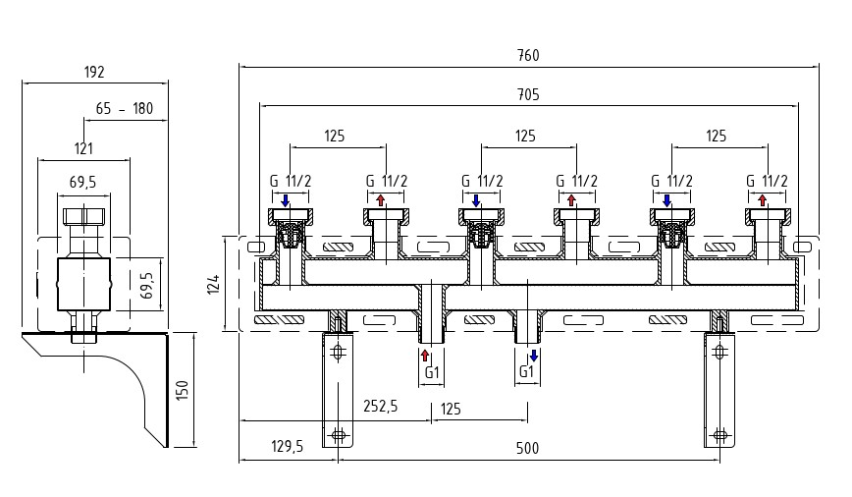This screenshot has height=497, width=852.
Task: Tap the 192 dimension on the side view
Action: [x=94, y=73]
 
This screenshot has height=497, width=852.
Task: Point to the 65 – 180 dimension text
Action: [x=126, y=109]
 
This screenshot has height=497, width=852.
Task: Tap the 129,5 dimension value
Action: [x=286, y=447]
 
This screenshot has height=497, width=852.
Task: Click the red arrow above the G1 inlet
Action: [x=425, y=355]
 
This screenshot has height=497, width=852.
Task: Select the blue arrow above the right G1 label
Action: [x=533, y=355]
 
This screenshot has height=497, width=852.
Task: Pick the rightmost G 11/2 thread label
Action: [x=767, y=181]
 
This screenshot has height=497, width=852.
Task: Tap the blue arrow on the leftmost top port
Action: [x=285, y=200]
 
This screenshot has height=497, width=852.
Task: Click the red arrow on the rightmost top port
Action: [x=763, y=200]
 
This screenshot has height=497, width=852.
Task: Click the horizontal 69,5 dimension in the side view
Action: [x=83, y=183]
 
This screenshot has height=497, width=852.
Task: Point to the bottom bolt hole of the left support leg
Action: [x=339, y=434]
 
